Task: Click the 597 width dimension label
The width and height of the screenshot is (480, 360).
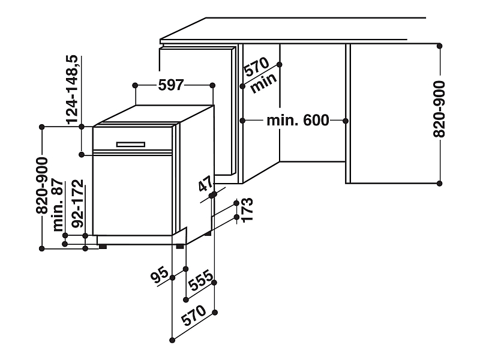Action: pos(171,85)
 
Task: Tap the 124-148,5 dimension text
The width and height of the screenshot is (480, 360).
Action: pos(73,89)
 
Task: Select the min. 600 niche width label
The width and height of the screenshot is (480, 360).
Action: pos(298,121)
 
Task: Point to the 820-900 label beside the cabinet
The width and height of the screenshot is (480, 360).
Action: pos(439,109)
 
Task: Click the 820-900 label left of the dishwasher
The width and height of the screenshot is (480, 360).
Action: pos(42,185)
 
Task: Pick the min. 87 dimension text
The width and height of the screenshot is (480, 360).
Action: pos(58,205)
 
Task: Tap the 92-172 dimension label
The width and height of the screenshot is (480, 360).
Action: pos(77,203)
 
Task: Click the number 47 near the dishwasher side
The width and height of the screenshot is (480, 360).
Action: pos(206,184)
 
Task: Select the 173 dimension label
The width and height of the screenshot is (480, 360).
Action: pos(247,210)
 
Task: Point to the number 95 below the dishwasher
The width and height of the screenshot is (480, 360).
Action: pos(160,275)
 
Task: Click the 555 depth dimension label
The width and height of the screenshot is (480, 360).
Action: pos(201,280)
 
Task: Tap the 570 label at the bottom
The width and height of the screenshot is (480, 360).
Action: pos(194,316)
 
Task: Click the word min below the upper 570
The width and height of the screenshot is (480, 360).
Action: pos(263,83)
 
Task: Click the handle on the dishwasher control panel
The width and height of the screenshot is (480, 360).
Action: pos(131,145)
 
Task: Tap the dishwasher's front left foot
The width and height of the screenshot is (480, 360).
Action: pos(103,247)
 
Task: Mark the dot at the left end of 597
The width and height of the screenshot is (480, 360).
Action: pos(136,85)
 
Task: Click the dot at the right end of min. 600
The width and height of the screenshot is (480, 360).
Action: pos(346,121)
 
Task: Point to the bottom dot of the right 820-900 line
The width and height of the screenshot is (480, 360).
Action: pos(440,184)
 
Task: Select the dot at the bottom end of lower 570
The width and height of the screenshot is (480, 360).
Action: pos(172,340)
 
